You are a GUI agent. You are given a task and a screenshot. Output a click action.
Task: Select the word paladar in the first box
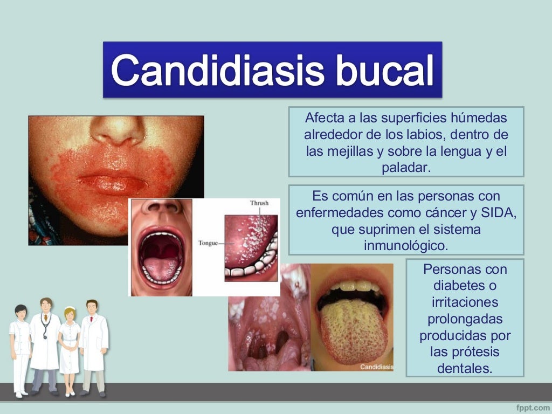[x=406, y=168]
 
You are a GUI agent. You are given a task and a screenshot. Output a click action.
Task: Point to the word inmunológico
[x=406, y=246]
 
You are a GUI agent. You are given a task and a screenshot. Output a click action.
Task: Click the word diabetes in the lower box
[x=465, y=286]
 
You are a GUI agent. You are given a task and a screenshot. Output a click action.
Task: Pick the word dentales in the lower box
[x=465, y=369]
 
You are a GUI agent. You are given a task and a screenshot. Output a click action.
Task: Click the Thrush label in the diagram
[x=259, y=203]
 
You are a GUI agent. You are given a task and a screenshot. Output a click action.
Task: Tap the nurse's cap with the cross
[x=70, y=310]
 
